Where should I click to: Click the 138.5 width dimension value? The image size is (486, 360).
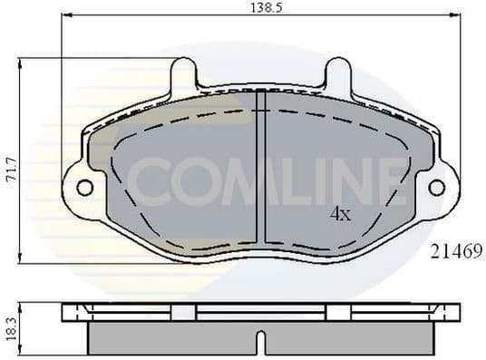tap(262, 7)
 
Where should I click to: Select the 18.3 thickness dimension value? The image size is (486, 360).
tap(10, 326)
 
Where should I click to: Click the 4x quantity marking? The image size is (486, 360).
tap(339, 215)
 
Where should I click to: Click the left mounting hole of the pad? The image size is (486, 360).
tap(84, 188)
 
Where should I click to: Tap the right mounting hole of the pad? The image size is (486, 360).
tap(436, 188)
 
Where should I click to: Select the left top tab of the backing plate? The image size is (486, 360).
tap(183, 73)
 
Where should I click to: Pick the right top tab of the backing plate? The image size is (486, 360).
tap(338, 73)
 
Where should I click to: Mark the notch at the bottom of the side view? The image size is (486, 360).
tap(260, 344)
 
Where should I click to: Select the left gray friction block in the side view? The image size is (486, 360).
tap(172, 338)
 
